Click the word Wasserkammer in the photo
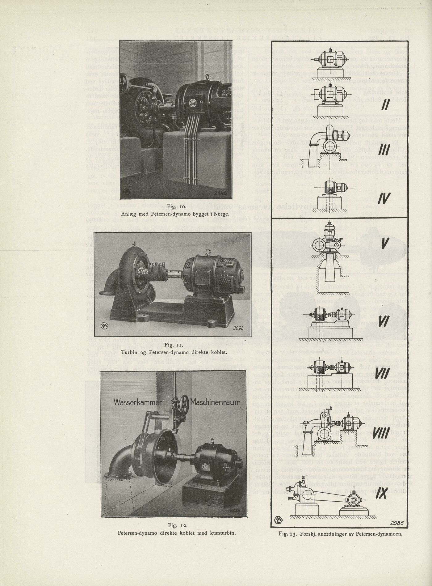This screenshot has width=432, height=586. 137,402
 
